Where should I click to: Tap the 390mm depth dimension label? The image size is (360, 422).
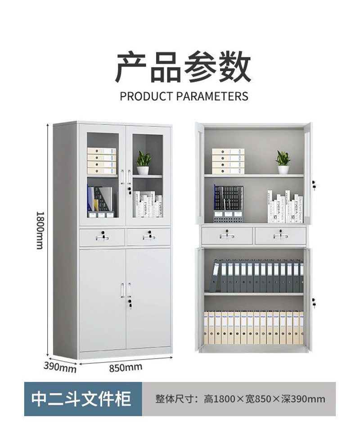(60, 367)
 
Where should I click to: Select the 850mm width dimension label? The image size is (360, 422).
(126, 368)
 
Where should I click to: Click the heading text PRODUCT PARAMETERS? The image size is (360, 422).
(184, 96)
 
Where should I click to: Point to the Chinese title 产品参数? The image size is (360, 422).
(184, 67)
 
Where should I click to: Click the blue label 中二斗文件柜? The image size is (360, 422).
(81, 399)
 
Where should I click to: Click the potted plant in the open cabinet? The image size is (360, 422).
(283, 162)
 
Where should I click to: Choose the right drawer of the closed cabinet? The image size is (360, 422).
(148, 236)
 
